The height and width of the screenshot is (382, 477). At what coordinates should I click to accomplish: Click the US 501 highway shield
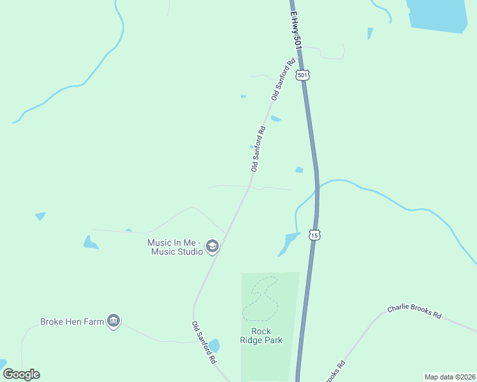[303, 75]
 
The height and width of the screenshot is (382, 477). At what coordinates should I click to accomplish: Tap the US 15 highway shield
[314, 235]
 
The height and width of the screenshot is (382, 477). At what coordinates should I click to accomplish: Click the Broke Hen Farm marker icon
[114, 321]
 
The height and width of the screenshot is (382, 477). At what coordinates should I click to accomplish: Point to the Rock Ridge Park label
[261, 336]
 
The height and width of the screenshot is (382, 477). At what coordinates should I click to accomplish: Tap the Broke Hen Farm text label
[72, 322]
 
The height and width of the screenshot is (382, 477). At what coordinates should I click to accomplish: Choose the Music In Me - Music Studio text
[175, 247]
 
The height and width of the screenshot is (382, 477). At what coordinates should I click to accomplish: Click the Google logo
[21, 374]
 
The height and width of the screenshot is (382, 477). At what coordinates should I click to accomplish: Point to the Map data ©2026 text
[450, 376]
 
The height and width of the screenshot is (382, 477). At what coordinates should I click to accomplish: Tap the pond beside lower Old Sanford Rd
[214, 346]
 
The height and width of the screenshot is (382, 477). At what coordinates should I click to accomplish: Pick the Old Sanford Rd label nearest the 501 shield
[284, 80]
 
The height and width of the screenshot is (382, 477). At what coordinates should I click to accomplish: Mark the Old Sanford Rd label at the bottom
[204, 342]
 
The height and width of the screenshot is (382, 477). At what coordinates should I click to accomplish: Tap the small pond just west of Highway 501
[299, 170]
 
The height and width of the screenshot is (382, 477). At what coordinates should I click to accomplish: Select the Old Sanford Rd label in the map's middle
[258, 149]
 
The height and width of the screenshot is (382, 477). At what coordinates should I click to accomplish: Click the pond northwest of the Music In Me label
[90, 243]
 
